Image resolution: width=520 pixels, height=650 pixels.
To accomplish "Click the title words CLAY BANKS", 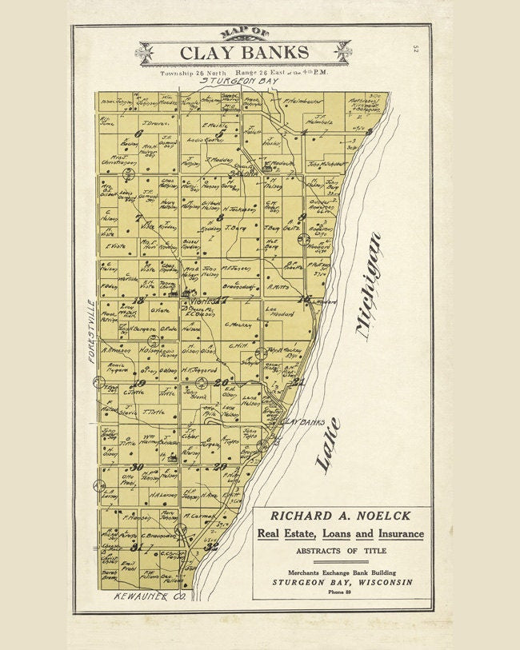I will pyautogui.click(x=243, y=53).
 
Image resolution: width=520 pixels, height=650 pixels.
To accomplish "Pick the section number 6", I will pyautogui.click(x=138, y=134).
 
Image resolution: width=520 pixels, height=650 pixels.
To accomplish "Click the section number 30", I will pyautogui.click(x=137, y=467).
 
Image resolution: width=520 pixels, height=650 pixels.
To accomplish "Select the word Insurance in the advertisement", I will pyautogui.click(x=394, y=534).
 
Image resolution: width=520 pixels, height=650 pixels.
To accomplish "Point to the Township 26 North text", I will pyautogui.click(x=190, y=73).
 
